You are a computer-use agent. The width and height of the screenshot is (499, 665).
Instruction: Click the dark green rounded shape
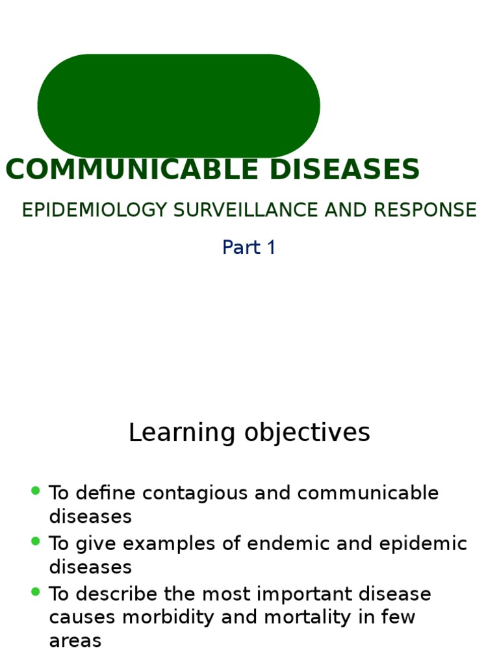click(179, 106)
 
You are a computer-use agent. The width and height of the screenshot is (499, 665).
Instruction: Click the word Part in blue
click(240, 247)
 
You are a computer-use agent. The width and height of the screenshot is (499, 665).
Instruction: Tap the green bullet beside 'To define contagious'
click(36, 491)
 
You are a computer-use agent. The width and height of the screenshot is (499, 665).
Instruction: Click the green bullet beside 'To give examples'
click(36, 541)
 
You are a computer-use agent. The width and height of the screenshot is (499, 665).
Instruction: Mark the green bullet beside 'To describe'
click(36, 592)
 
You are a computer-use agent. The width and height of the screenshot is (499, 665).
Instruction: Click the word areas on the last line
click(75, 641)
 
